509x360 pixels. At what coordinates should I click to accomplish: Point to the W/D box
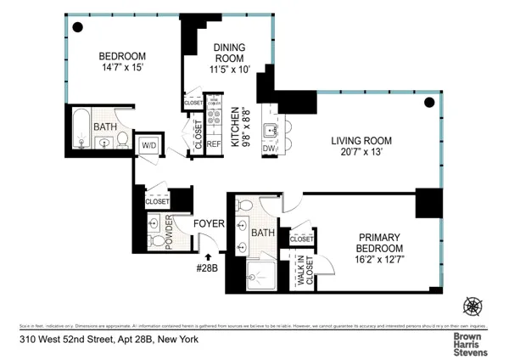(x=148, y=144)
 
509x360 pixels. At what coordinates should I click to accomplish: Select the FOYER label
(x=209, y=225)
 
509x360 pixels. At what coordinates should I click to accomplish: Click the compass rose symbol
(x=473, y=305)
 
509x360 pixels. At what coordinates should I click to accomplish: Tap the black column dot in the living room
(x=429, y=103)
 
